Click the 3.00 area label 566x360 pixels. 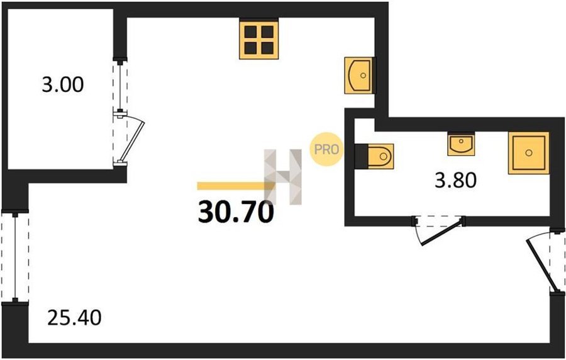[63, 85]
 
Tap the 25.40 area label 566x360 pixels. [74, 318]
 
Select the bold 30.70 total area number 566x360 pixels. [236, 212]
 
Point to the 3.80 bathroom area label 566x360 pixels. [455, 180]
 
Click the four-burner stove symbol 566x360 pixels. [259, 40]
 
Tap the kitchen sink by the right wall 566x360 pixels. [359, 75]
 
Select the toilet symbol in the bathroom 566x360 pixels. [379, 156]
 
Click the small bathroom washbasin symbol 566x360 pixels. [461, 143]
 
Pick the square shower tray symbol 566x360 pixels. [529, 153]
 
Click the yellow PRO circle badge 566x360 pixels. [326, 149]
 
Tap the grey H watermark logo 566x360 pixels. [283, 177]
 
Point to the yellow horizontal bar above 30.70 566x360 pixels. [236, 186]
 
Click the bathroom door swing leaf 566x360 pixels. [442, 232]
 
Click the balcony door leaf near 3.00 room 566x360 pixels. [132, 141]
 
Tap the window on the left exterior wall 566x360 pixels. [15, 257]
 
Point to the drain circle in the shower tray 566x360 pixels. [529, 153]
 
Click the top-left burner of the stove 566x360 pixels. [250, 31]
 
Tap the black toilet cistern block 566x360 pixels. [360, 156]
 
